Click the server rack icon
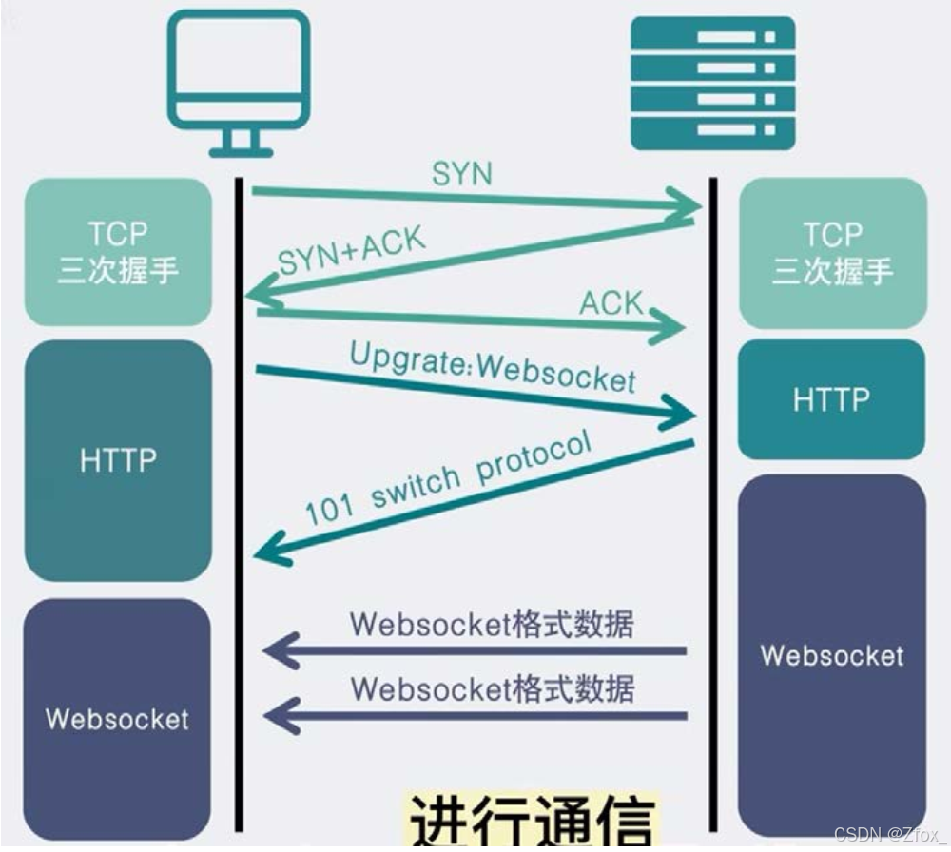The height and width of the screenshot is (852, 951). pyautogui.click(x=712, y=83)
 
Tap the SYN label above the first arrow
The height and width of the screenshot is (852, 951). pyautogui.click(x=462, y=174)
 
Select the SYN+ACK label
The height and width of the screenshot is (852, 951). pyautogui.click(x=352, y=249)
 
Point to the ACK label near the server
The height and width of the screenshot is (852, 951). pyautogui.click(x=611, y=303)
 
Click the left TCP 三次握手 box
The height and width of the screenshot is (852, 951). pyautogui.click(x=118, y=252)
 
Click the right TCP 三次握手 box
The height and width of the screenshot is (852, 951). pyautogui.click(x=832, y=252)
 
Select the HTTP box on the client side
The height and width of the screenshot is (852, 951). pyautogui.click(x=118, y=460)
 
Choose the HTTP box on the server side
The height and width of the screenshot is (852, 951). pyautogui.click(x=831, y=399)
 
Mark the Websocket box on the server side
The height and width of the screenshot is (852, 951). pyautogui.click(x=832, y=655)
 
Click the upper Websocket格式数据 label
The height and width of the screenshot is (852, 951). pyautogui.click(x=492, y=625)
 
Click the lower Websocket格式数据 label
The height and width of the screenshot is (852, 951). pyautogui.click(x=492, y=687)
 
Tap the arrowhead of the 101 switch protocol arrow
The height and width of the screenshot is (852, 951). pyautogui.click(x=270, y=549)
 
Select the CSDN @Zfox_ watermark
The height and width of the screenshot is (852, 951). pyautogui.click(x=889, y=835)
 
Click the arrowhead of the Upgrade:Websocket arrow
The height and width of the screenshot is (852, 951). pyautogui.click(x=679, y=413)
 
